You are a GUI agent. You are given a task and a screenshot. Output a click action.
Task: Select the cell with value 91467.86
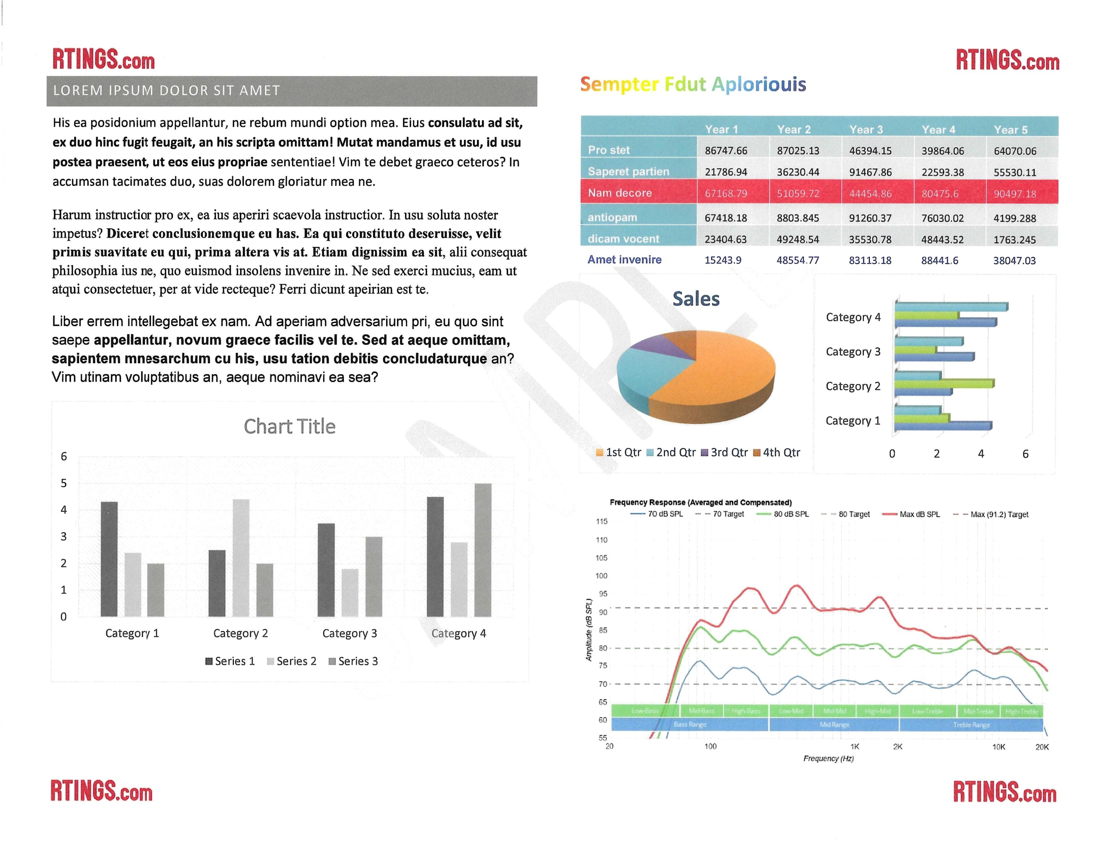point(870,172)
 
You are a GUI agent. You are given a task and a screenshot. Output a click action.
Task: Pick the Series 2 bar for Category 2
point(241,558)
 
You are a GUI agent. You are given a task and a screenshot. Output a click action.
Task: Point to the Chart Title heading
point(290,427)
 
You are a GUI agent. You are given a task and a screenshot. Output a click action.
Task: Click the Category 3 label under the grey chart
point(349,634)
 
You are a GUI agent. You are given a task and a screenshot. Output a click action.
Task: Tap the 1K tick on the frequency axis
point(855,746)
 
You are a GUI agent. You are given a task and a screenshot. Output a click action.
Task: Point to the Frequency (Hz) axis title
point(828,759)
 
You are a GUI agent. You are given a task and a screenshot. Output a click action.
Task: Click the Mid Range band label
point(834,724)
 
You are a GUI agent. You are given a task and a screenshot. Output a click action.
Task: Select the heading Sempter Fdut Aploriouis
point(693,84)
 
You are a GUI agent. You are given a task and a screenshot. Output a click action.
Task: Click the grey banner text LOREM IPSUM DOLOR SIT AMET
point(166,90)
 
